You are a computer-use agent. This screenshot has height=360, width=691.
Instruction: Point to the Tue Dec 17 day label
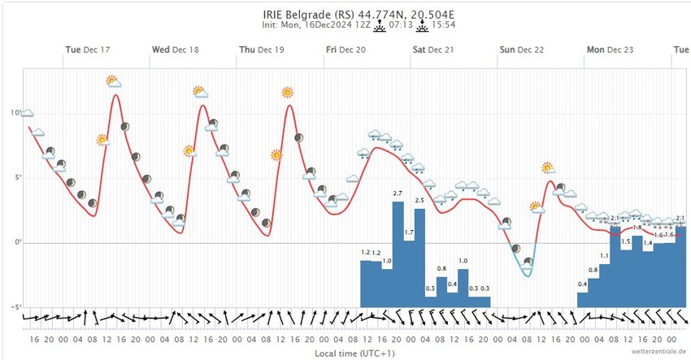tap(88, 50)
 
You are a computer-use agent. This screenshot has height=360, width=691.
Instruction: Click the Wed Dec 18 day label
tap(175, 50)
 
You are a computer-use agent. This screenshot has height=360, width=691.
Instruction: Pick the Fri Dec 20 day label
tap(345, 50)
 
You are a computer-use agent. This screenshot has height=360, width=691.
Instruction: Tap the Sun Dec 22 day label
tap(521, 50)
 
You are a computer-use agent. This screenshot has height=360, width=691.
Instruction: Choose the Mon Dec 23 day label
tap(609, 50)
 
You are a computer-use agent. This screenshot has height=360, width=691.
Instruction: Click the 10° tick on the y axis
tap(15, 112)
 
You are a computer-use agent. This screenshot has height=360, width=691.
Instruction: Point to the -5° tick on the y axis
tap(15, 307)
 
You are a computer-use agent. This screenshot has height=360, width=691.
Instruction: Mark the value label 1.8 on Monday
tap(637, 228)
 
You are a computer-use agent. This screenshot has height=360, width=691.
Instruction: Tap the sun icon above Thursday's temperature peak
tap(287, 92)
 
